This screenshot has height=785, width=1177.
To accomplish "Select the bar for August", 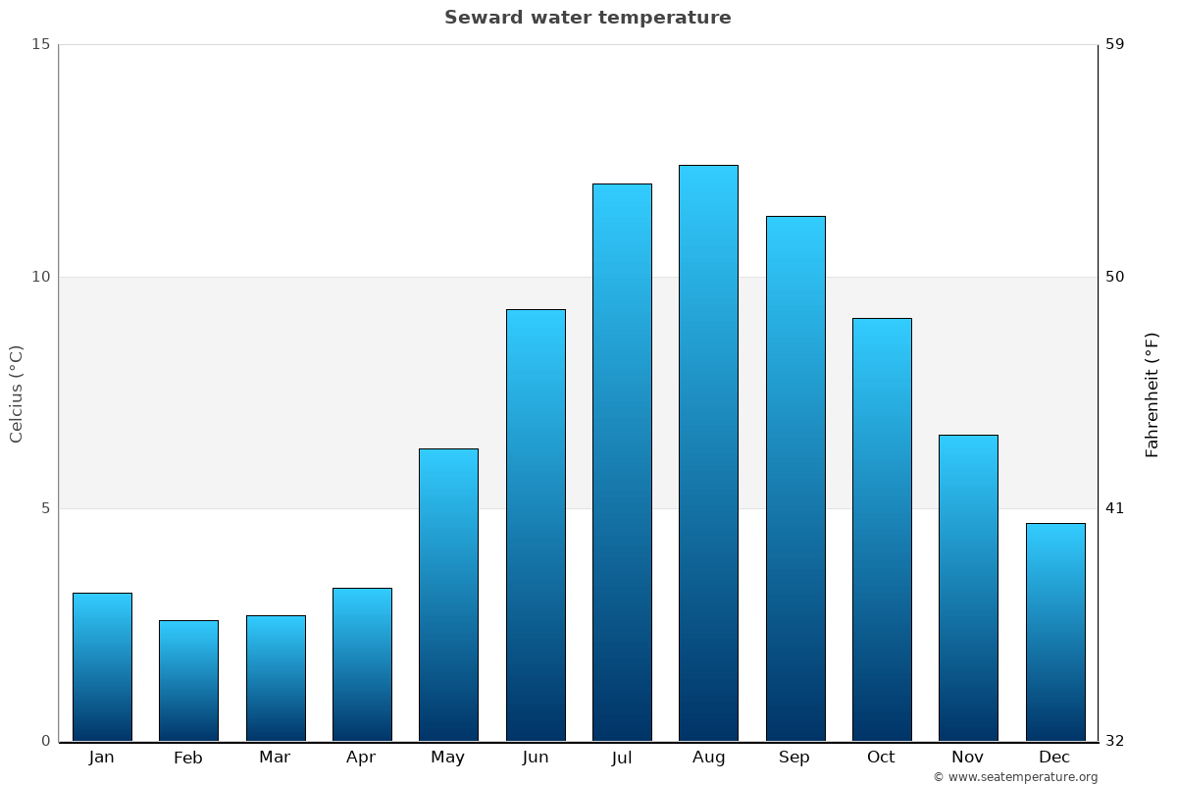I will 708,453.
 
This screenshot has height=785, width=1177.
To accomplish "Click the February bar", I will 188,681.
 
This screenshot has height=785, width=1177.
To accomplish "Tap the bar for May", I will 448,595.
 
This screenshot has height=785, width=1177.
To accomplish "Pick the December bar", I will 1055,632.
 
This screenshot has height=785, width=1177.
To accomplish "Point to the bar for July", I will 622,462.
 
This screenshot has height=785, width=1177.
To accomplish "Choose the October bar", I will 882,530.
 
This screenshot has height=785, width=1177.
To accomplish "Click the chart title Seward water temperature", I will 588,18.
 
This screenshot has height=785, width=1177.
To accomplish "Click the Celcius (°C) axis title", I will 16,393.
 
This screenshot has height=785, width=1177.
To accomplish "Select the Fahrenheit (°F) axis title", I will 1152,393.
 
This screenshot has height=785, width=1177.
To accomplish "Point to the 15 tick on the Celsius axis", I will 40,44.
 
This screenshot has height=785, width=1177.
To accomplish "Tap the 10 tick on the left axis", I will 40,277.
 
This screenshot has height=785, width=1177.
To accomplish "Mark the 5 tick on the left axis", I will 44,508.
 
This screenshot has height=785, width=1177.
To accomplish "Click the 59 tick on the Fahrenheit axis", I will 1115,44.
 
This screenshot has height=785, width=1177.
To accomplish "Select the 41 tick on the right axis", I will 1115,508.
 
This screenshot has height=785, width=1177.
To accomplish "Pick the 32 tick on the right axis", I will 1115,741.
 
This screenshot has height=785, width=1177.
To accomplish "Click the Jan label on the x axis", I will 101,758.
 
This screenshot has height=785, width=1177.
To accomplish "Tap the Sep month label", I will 794,758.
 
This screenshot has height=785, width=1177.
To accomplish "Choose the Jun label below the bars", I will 536,758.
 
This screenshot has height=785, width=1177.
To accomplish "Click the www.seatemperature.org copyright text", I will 1015,777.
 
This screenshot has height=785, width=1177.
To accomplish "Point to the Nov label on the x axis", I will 968,758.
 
